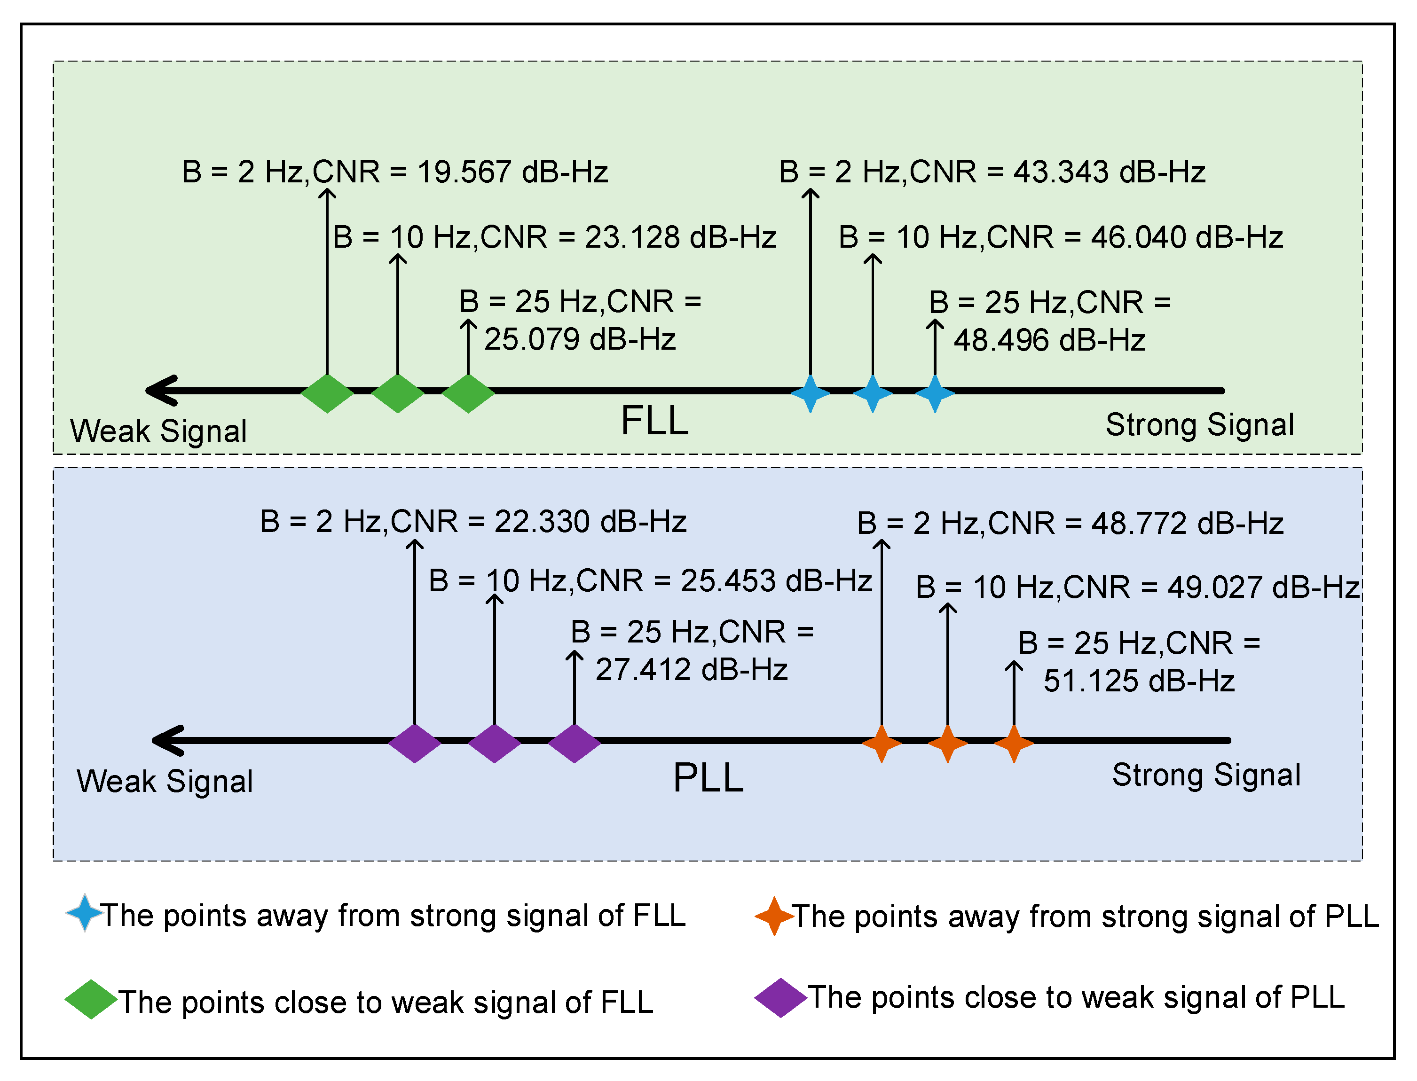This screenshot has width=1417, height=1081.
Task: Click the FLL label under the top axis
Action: pyautogui.click(x=654, y=422)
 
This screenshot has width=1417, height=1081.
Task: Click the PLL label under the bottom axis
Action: pyautogui.click(x=708, y=778)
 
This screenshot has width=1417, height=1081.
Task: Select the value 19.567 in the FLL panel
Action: pyautogui.click(x=464, y=172)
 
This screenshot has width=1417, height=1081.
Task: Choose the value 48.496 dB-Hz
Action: pyautogui.click(x=1049, y=340)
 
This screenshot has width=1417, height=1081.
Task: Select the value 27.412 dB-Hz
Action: pyautogui.click(x=691, y=670)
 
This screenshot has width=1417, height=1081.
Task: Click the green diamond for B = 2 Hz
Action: pyautogui.click(x=327, y=393)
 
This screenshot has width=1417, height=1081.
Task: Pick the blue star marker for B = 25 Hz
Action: pyautogui.click(x=934, y=393)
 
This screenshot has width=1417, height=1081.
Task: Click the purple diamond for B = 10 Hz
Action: pyautogui.click(x=494, y=743)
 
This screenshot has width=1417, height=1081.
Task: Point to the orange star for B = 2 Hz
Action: pyautogui.click(x=881, y=743)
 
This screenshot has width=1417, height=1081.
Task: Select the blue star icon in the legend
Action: pyautogui.click(x=84, y=912)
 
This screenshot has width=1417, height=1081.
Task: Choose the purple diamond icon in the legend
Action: pyautogui.click(x=780, y=998)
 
